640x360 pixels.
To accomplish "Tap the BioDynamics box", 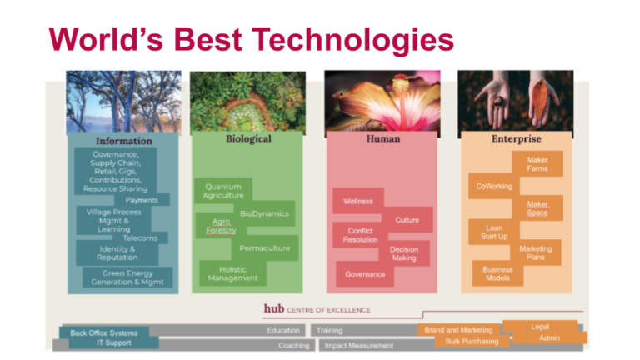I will (264, 213).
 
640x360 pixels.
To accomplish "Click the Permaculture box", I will (264, 248).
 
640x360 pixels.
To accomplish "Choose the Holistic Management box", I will (232, 273).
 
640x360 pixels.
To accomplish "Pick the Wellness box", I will (358, 201).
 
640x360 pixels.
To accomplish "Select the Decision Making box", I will (404, 253).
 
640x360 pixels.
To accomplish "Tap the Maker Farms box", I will (537, 164).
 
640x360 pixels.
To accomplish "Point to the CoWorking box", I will (494, 187).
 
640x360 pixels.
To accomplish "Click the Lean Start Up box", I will (494, 232).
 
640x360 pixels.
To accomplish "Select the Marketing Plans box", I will (536, 252).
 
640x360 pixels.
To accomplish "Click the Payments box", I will (142, 200).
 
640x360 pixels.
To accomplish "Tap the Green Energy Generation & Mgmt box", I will (127, 277).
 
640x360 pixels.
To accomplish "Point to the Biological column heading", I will (248, 138).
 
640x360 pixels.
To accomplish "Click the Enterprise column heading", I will (516, 138).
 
